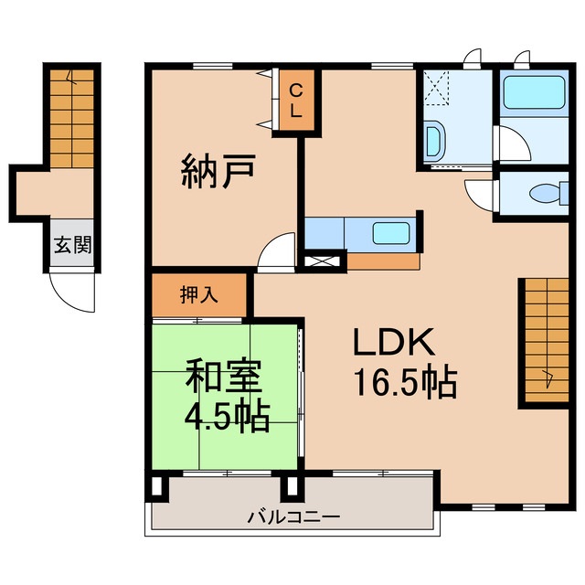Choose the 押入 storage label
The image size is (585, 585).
198,294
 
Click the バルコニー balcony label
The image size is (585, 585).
293,516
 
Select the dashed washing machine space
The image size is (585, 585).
439,91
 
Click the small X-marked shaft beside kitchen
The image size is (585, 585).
325,261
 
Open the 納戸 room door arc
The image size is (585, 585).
277,254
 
